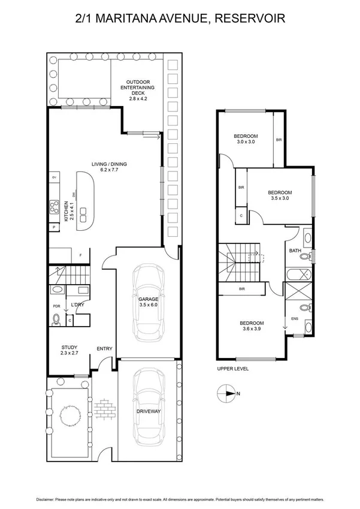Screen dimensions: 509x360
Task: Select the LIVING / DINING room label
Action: (x=109, y=167)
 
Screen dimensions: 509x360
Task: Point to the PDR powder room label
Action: (x=56, y=306)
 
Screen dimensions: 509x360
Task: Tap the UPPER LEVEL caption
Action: (x=233, y=369)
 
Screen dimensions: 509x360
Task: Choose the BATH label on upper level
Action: (x=295, y=251)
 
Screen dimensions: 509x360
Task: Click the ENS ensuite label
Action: (x=294, y=319)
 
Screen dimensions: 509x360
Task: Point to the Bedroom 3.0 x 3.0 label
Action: (x=246, y=139)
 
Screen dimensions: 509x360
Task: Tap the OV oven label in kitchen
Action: (x=55, y=178)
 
